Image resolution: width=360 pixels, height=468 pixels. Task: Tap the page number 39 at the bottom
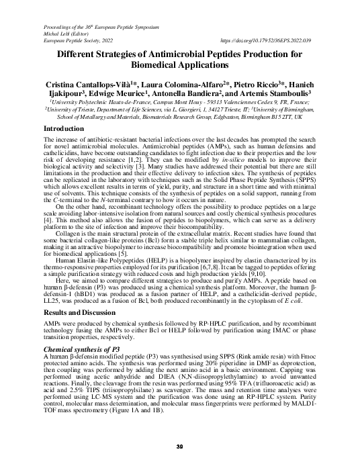179,447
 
